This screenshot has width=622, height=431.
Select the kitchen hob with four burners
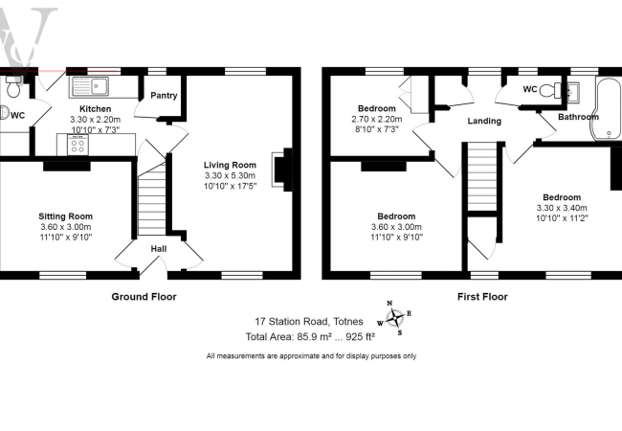tap(78, 146)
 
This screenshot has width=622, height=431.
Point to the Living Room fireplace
tap(278, 167)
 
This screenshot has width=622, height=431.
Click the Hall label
tap(159, 249)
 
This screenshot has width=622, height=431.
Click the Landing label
tap(485, 122)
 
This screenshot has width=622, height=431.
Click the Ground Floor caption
tap(144, 297)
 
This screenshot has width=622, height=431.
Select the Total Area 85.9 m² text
tap(310, 336)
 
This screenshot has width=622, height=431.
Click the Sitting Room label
tap(65, 216)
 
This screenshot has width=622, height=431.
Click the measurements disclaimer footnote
tap(311, 356)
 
